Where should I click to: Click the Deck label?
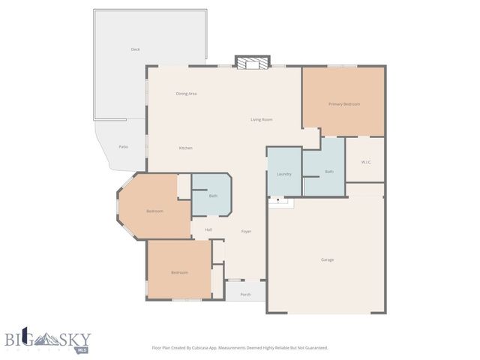[135, 49]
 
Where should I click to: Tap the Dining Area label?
[186, 94]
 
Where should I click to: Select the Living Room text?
[261, 120]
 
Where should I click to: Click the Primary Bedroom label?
[344, 104]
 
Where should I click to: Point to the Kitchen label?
[185, 148]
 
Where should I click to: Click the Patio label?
[123, 147]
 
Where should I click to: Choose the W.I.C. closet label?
[366, 162]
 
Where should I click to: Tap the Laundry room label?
[283, 174]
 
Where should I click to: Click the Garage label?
[327, 259]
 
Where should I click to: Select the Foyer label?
[246, 231]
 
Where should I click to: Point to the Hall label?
[208, 229]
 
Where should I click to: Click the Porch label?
[245, 295]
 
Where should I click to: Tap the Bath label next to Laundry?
[328, 172]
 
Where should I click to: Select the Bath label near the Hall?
[213, 196]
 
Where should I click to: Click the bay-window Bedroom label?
[154, 211]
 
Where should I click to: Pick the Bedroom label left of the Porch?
[178, 272]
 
